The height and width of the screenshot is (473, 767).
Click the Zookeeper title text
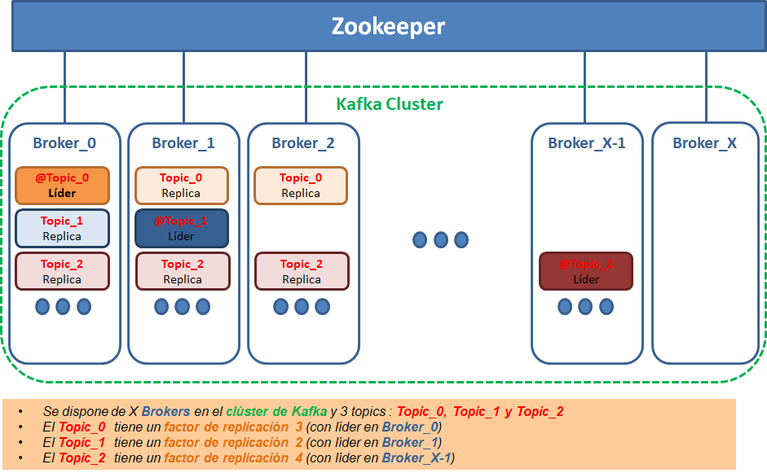click(388, 26)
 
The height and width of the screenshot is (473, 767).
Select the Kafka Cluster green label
click(390, 104)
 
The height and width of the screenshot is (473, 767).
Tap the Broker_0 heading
click(64, 143)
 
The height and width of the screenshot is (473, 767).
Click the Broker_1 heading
click(183, 143)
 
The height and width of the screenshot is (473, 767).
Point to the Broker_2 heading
click(303, 143)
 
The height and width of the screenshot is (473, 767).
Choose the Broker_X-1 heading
click(587, 143)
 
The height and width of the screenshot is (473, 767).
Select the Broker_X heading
click(704, 143)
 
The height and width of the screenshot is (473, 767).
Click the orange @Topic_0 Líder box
click(62, 186)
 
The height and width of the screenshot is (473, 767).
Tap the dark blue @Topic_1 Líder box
click(182, 229)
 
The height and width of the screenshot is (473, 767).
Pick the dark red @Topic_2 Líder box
click(586, 271)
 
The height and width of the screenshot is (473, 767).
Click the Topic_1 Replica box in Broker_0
click(62, 229)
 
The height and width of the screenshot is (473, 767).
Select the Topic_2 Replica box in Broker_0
click(62, 271)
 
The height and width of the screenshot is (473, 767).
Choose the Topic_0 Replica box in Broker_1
click(182, 186)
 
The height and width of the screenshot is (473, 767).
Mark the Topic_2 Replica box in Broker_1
click(183, 271)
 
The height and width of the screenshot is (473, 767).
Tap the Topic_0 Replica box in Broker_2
click(301, 186)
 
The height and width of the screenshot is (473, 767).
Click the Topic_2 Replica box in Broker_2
click(302, 271)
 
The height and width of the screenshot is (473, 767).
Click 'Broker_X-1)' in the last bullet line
click(418, 458)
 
